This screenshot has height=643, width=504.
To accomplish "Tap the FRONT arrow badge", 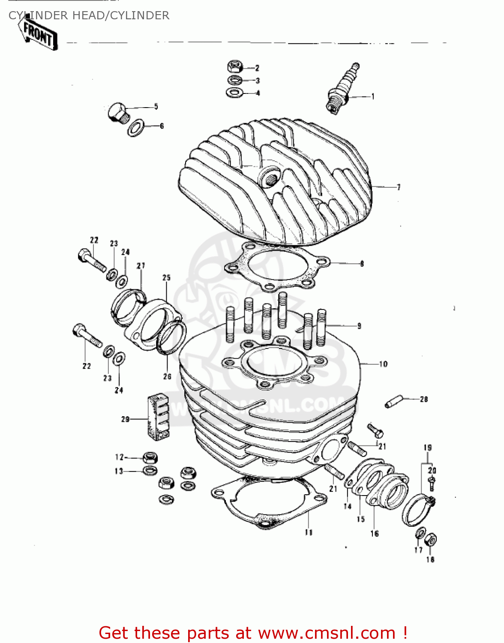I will click(38, 35).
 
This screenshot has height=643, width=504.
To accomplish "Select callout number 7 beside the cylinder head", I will click(399, 187).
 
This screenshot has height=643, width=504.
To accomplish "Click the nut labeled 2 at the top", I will click(235, 67).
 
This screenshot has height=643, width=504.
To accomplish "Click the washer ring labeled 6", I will click(136, 128).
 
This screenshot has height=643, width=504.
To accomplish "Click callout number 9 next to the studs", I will click(359, 326).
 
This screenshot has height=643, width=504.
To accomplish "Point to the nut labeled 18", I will click(432, 540).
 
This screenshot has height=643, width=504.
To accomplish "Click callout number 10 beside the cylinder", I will click(383, 364).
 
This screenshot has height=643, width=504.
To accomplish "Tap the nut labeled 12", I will click(149, 457).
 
